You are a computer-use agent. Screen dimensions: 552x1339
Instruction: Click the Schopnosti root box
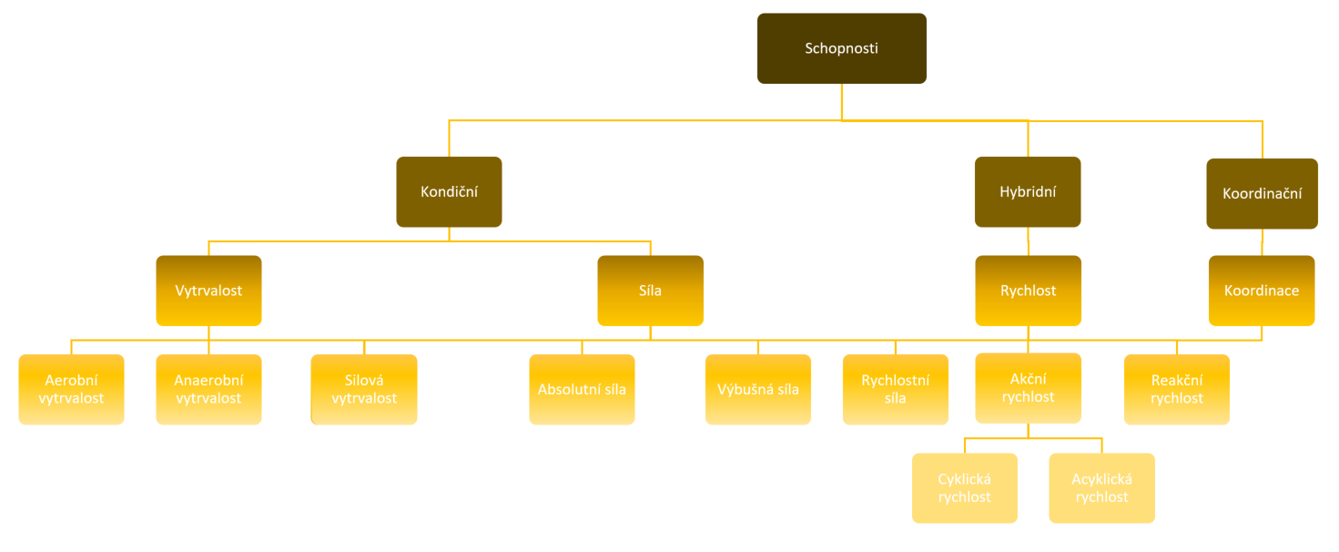(x=841, y=48)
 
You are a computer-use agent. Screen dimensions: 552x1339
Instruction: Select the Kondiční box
(x=449, y=192)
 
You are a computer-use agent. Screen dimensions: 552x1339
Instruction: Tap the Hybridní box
(x=1028, y=192)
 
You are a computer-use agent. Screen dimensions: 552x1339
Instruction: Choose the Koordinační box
(x=1262, y=194)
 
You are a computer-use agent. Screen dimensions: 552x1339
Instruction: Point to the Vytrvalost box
(x=208, y=291)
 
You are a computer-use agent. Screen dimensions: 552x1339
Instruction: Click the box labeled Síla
(x=650, y=291)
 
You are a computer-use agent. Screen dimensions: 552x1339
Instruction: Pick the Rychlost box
(x=1028, y=291)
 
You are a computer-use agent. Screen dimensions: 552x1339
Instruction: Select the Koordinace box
(x=1262, y=291)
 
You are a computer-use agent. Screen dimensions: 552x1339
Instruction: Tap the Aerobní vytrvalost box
(x=71, y=389)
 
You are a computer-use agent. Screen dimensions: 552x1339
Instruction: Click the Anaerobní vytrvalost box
(x=208, y=389)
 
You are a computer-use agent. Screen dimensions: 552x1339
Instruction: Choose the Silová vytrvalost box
(x=364, y=389)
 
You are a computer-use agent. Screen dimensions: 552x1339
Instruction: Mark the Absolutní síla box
(x=582, y=389)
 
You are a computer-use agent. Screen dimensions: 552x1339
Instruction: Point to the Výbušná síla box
(x=757, y=389)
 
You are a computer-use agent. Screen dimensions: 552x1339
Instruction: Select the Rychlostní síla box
(x=895, y=389)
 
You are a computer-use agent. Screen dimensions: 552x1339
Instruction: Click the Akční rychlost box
(x=1028, y=388)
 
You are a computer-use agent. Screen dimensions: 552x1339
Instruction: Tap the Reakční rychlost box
(x=1176, y=389)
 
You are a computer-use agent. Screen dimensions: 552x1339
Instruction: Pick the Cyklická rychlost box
(x=964, y=487)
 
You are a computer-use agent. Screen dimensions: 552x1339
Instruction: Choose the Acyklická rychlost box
(x=1101, y=487)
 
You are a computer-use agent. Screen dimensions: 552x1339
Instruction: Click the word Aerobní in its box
(x=71, y=380)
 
